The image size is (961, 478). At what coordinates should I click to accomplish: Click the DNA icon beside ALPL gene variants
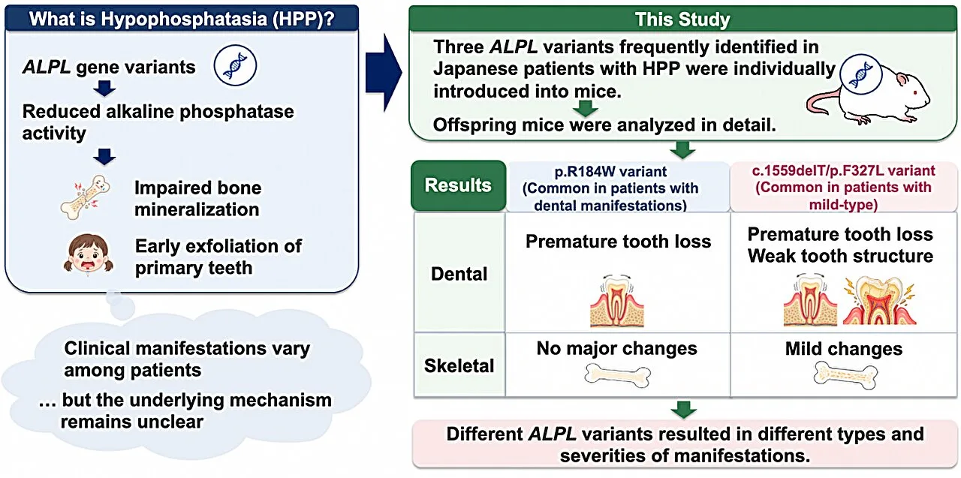(x=235, y=66)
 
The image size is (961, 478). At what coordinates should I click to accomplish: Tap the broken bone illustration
(x=85, y=197)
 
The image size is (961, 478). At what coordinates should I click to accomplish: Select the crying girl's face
(x=89, y=254)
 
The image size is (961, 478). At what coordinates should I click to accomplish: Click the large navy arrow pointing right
(x=384, y=73)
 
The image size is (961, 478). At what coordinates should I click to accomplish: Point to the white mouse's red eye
(x=914, y=92)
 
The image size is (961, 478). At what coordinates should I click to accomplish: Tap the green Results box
(x=458, y=185)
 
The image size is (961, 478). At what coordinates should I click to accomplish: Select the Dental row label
(x=459, y=273)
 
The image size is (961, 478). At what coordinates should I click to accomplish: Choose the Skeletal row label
(x=459, y=365)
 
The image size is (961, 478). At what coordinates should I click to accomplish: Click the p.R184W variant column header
(x=610, y=188)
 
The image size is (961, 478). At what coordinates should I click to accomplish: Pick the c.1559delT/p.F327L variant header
(x=843, y=188)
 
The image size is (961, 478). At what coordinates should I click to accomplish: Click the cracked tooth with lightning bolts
(x=879, y=301)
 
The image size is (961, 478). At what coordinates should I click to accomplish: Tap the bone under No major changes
(x=617, y=375)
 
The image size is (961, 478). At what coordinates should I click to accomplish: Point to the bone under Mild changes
(x=845, y=375)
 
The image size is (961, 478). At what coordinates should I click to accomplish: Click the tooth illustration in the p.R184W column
(x=617, y=300)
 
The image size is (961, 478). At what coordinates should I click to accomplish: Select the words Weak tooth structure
(x=840, y=256)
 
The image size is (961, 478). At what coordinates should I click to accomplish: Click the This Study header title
(x=682, y=20)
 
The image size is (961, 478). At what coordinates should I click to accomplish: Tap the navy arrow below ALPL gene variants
(x=104, y=89)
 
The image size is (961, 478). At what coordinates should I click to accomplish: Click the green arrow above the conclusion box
(x=683, y=410)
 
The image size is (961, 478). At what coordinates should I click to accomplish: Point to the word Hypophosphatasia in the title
(x=184, y=19)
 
